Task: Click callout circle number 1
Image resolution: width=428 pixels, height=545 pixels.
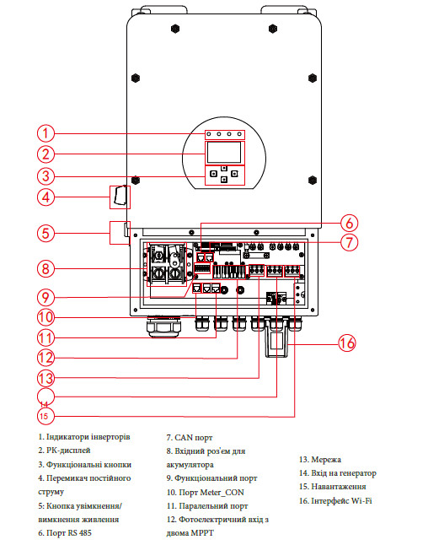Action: tap(45, 133)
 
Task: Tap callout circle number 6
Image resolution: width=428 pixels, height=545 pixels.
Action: tap(349, 223)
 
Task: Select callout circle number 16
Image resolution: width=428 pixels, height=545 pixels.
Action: tap(347, 343)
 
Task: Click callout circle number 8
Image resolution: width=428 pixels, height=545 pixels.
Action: tap(45, 268)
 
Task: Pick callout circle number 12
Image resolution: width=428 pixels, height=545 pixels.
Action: tap(45, 358)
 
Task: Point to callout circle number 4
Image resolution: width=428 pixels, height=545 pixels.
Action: tap(45, 197)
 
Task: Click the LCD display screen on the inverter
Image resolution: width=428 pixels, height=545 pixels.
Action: tap(224, 153)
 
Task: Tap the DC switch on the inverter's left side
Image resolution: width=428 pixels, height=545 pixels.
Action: tap(120, 196)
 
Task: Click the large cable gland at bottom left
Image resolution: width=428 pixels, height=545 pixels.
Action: tap(163, 326)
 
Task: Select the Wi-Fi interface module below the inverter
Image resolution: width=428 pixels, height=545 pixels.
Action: tap(276, 339)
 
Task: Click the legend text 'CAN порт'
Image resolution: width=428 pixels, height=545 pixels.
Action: tap(193, 438)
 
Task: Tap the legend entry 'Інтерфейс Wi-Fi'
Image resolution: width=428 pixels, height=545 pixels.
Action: tap(341, 501)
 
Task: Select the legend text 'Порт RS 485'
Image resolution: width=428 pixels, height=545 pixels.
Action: tap(69, 533)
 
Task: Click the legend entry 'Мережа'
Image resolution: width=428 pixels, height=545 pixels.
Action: tap(326, 460)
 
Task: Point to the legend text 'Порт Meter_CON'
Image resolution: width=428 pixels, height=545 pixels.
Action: tap(211, 493)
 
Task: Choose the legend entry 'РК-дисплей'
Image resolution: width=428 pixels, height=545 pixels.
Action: tap(68, 451)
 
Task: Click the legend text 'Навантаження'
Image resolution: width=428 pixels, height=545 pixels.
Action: tap(339, 487)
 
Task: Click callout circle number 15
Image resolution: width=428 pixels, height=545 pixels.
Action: tap(45, 416)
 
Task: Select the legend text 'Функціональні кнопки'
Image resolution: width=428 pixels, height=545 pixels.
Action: tap(88, 465)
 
